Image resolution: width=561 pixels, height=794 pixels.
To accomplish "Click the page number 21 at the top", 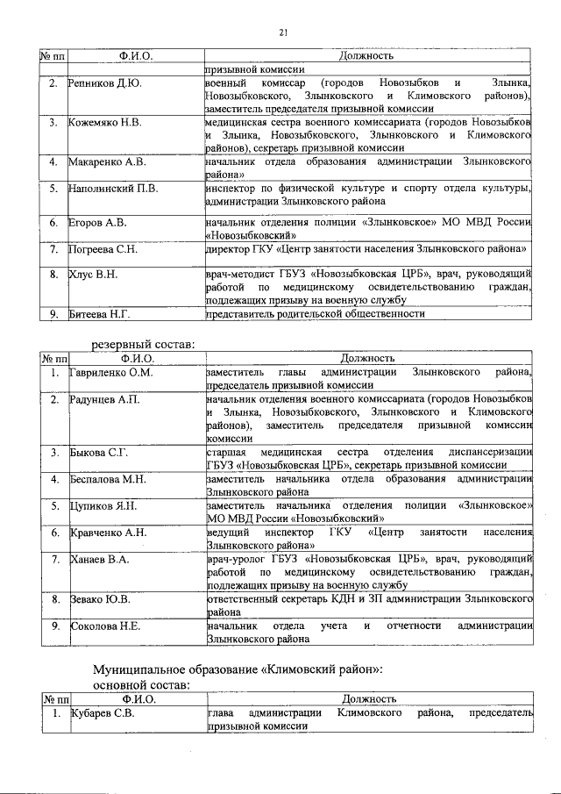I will pyautogui.click(x=284, y=32).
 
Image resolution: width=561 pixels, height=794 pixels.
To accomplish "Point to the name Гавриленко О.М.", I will pyautogui.click(x=111, y=373).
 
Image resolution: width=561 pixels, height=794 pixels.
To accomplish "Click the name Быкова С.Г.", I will pyautogui.click(x=99, y=453).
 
